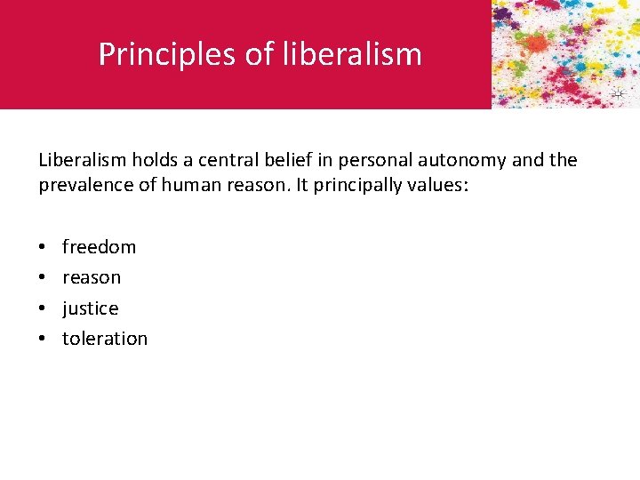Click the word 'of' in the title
pyautogui.click(x=260, y=54)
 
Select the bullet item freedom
pyautogui.click(x=99, y=247)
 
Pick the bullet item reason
pyautogui.click(x=91, y=277)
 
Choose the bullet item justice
pyautogui.click(x=90, y=308)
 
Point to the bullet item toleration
pyautogui.click(x=104, y=339)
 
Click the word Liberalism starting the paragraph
pyautogui.click(x=84, y=160)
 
